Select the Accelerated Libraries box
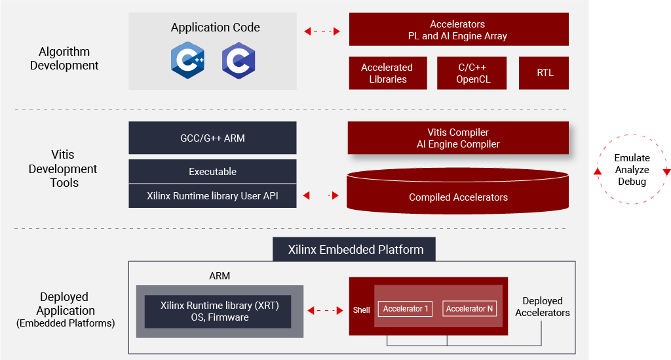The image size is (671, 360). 387,73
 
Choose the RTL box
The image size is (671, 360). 544,73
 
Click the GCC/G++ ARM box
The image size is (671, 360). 212,138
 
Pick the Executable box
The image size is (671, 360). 212,171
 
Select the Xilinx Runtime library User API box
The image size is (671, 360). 212,195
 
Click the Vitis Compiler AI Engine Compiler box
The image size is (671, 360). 458,138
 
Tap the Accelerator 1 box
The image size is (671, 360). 406,308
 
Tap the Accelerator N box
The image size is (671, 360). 469,308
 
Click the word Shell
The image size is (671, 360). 361,310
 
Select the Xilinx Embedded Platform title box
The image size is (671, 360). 355,249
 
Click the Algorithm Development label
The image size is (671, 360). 64,58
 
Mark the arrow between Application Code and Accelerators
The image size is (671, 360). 322,31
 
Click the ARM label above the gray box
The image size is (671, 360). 220,275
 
